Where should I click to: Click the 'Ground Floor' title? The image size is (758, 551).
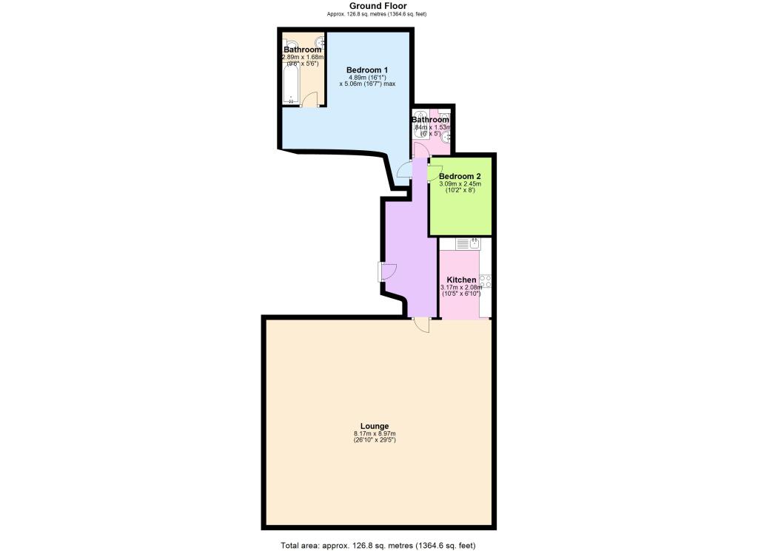tap(378, 6)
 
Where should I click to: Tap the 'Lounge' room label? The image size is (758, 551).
tap(375, 425)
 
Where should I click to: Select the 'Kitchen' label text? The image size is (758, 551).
tap(461, 280)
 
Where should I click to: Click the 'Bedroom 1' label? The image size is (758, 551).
tap(367, 70)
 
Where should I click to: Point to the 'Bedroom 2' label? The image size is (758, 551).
tap(460, 176)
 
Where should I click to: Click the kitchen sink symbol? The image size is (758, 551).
tap(469, 243)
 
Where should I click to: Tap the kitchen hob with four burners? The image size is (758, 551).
tap(486, 281)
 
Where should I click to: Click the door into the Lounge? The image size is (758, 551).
tap(421, 325)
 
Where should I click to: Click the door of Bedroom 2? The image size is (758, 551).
tap(434, 172)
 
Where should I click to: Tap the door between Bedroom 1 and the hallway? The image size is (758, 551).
tap(405, 171)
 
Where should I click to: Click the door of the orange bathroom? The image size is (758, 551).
tap(312, 101)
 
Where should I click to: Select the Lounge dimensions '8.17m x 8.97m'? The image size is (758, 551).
tap(375, 433)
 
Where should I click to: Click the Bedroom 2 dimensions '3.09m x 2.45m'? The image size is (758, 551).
tap(460, 183)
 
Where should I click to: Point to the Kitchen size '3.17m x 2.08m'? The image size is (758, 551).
tap(461, 287)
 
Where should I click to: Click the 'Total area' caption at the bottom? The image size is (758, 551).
tap(378, 546)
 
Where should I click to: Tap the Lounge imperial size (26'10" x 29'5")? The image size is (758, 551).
tap(375, 441)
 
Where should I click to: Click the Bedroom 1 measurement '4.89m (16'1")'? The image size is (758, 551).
tap(367, 77)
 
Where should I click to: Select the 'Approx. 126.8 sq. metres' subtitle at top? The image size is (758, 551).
tap(378, 14)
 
